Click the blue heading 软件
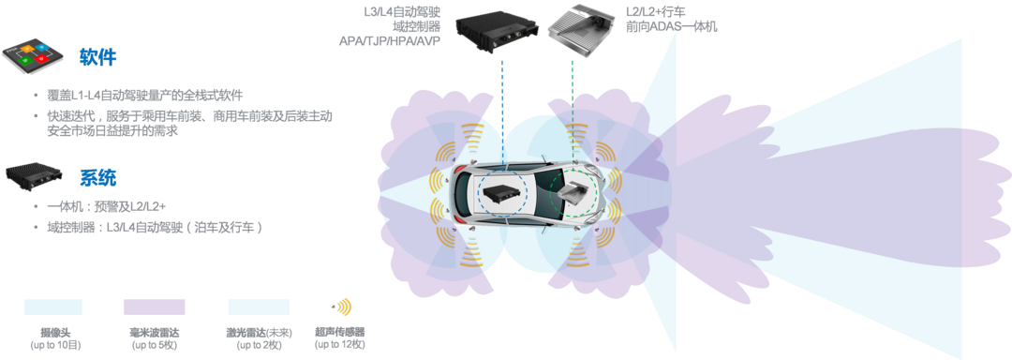pyautogui.click(x=98, y=57)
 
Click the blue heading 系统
pyautogui.click(x=98, y=177)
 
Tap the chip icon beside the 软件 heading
pyautogui.click(x=33, y=57)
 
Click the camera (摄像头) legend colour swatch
pyautogui.click(x=52, y=307)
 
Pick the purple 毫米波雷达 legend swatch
pyautogui.click(x=155, y=307)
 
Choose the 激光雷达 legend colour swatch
pyautogui.click(x=259, y=307)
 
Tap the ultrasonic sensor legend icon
pyautogui.click(x=341, y=307)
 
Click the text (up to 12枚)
pyautogui.click(x=340, y=345)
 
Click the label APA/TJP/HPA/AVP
pyautogui.click(x=390, y=41)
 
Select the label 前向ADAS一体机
pyautogui.click(x=672, y=27)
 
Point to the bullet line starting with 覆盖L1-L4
pyautogui.click(x=146, y=97)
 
